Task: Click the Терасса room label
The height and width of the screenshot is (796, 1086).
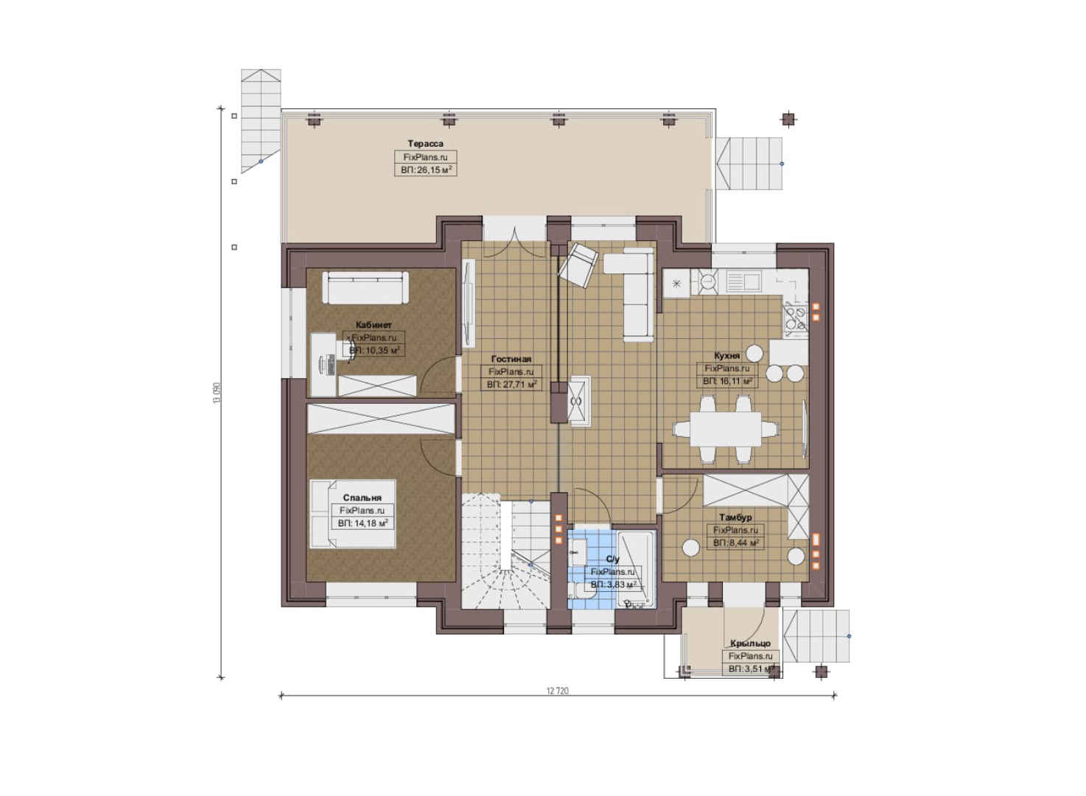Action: tap(425, 144)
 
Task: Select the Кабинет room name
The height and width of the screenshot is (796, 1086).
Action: tap(374, 325)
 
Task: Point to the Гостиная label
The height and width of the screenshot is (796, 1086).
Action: tap(511, 359)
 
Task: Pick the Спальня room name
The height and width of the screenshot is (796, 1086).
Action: tap(362, 497)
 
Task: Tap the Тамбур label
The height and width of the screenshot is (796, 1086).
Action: tap(735, 517)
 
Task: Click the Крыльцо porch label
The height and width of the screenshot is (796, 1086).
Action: tap(750, 643)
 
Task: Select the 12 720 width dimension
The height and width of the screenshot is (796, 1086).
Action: tap(558, 691)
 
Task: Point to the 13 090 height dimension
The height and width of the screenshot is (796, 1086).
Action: tap(217, 393)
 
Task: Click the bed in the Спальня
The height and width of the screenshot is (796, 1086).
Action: tap(353, 514)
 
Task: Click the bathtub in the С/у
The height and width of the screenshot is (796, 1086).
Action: tap(636, 569)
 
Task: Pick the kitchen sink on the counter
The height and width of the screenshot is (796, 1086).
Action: tap(743, 282)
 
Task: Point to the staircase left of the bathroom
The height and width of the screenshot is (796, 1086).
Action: tap(505, 551)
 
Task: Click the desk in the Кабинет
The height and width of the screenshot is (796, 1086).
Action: tap(323, 365)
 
